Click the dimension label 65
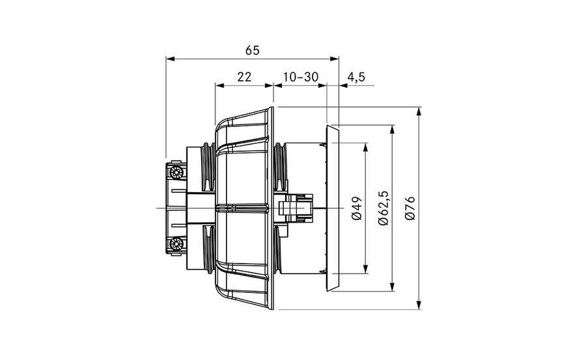pos(252,51)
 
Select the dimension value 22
pos(244,77)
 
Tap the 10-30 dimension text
pos(300,77)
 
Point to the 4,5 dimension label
pos(356,77)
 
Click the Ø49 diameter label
pos(357,208)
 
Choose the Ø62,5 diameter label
pos(384,208)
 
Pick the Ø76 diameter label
pos(410,208)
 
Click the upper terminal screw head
pos(176,173)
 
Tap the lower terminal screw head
pos(176,244)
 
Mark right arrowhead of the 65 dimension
pos(335,59)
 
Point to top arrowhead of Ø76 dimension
pos(419,111)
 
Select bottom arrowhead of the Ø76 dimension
pos(419,305)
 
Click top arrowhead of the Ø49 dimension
pos(365,147)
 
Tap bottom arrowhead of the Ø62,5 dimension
pos(392,286)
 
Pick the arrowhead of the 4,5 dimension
pos(343,86)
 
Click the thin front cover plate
pos(333,208)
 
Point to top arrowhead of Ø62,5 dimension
pos(392,130)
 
